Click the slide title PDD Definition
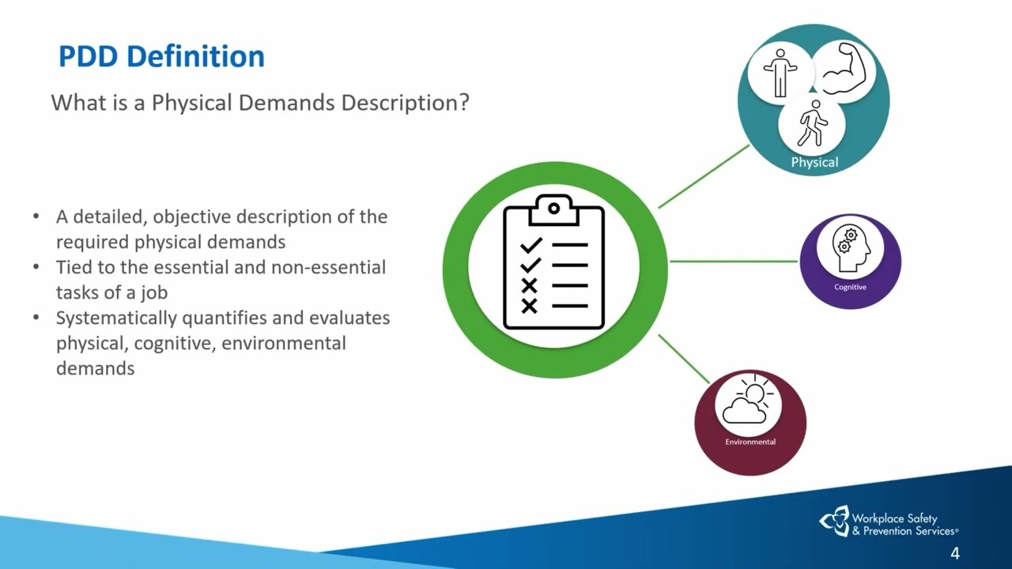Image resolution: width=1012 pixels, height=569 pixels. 162,56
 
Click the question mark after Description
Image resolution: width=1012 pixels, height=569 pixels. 464,102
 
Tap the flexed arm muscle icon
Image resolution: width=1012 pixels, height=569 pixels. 844,69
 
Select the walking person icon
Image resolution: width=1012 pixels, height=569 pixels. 812,123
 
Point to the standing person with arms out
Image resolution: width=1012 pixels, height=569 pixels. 780,73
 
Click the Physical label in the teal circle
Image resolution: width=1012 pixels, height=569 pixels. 814,162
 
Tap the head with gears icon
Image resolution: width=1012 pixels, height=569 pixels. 851,248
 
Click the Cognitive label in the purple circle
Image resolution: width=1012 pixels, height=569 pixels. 850,287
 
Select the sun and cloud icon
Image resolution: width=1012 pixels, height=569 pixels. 748,399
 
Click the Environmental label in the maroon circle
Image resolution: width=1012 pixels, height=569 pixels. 750,442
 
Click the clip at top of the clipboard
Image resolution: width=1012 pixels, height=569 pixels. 554,209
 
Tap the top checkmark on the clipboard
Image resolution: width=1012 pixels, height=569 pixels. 531,245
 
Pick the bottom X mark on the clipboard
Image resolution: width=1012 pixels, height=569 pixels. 530,306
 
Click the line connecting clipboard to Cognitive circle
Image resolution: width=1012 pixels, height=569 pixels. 734,261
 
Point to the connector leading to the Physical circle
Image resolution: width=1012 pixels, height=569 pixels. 704,176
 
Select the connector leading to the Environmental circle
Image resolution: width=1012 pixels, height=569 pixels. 684,359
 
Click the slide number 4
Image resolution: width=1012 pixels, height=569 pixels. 954,553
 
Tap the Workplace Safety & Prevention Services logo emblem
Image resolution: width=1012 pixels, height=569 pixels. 834,521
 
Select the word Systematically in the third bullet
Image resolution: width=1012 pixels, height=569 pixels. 116,318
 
